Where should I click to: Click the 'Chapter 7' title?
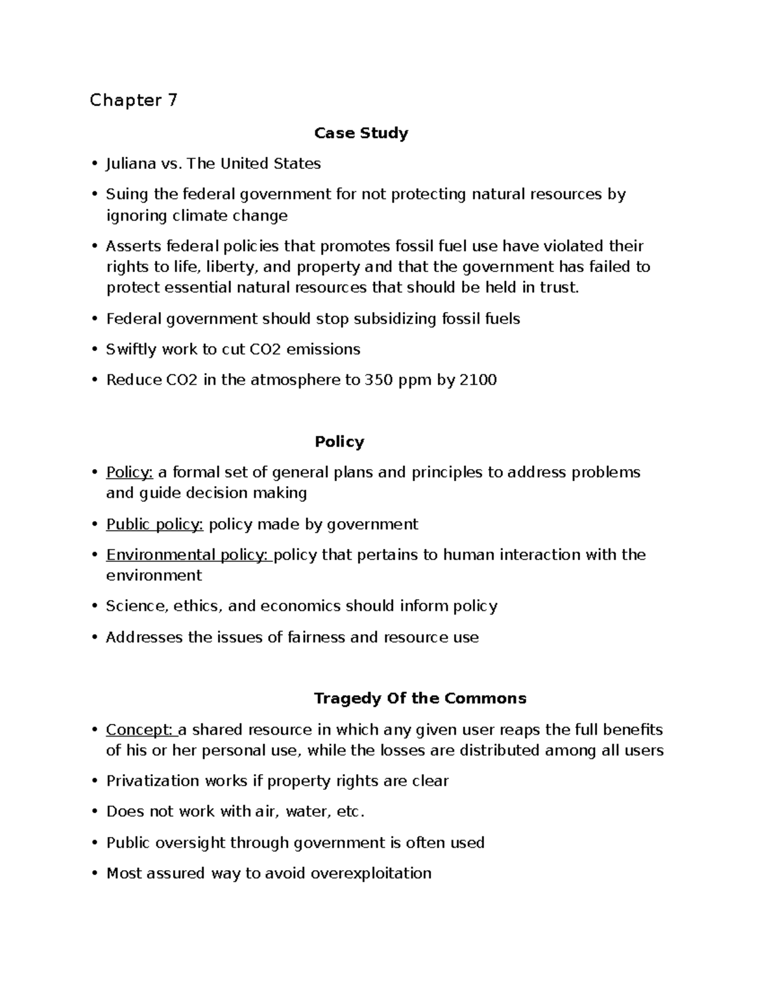134,100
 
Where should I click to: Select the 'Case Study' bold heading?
361,133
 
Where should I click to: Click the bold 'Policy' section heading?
339,442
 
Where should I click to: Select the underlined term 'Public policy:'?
155,524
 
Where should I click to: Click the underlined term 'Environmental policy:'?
188,555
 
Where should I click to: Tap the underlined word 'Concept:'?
139,730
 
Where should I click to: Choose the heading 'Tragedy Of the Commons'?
420,698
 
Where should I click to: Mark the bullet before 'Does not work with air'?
94,812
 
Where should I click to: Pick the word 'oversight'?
191,843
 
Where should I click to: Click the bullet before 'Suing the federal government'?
94,194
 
